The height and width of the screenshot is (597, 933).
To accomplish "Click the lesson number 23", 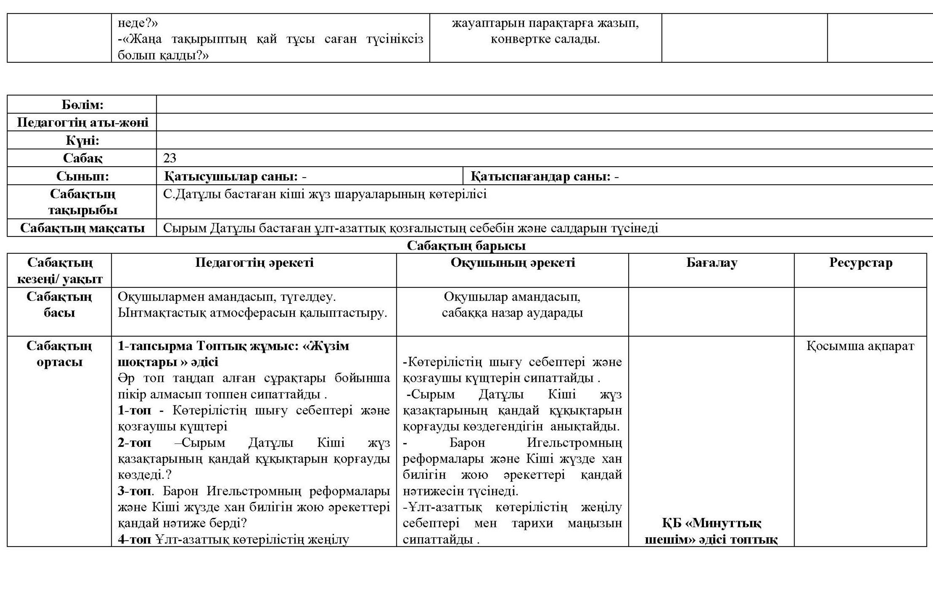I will tap(170, 158).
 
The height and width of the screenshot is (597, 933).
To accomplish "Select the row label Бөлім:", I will tap(82, 105).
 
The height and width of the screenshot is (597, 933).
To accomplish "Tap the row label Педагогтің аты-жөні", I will tap(82, 122).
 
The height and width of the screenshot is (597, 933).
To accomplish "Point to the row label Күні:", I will tap(82, 141).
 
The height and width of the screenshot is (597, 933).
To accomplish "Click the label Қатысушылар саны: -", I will tap(235, 176).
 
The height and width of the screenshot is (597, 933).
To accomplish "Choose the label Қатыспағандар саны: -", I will tap(544, 176).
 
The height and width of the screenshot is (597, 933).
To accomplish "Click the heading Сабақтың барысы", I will tap(466, 246).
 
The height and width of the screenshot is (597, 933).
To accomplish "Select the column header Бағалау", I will tap(711, 263).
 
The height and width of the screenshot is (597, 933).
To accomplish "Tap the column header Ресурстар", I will tap(860, 263).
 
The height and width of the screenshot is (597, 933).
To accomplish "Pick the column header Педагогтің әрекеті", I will tap(254, 263).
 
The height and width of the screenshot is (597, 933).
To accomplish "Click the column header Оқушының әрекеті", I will tap(513, 263).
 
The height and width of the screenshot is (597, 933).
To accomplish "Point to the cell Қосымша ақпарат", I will tap(860, 346).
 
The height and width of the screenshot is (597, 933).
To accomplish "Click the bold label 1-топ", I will tap(134, 411).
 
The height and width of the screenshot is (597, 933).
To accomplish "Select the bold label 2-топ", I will tap(134, 443).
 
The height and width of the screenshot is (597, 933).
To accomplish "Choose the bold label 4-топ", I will tap(134, 540).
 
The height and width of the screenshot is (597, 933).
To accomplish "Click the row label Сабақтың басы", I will tap(59, 305).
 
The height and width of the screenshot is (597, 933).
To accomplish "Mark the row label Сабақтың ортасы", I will tap(59, 354).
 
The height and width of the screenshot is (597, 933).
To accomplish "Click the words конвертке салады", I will tap(545, 40).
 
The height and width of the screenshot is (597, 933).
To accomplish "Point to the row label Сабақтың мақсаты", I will tap(82, 228).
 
